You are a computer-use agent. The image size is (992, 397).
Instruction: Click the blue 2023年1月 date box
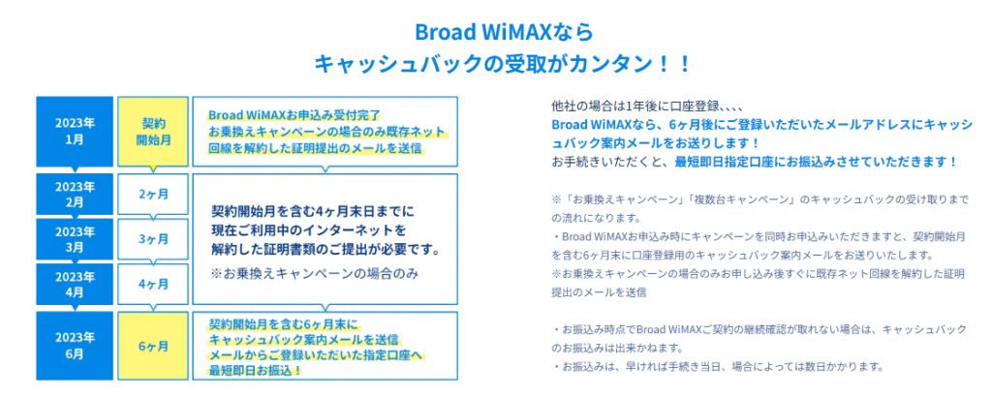coord(75,132)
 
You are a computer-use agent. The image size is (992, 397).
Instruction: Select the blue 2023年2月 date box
coord(75,194)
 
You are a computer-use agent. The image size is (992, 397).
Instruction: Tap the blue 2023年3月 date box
coord(75,239)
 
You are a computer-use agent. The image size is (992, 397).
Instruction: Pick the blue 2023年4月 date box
coord(75,285)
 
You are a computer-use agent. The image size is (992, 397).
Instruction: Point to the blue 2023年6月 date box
coord(75,345)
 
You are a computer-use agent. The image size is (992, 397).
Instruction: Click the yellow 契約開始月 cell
coord(153,132)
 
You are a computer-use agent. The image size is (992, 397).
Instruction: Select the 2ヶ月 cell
coord(153,194)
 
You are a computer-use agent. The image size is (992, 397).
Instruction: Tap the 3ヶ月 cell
coord(153,239)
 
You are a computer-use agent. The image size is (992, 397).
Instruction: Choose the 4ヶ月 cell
coord(153,285)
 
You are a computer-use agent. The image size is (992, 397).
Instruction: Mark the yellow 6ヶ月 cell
coord(153,345)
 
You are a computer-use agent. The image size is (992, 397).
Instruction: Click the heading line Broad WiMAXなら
coord(504,32)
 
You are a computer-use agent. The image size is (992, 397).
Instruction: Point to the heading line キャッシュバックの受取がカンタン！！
coord(504,64)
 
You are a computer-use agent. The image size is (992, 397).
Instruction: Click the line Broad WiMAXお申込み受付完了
coord(294,115)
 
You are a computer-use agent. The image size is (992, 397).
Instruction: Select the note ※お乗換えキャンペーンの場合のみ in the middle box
coord(316,275)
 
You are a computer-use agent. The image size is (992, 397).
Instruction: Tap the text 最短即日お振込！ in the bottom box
coord(256,370)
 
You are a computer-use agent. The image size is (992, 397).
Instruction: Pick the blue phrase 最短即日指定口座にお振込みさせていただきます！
coord(816,162)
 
